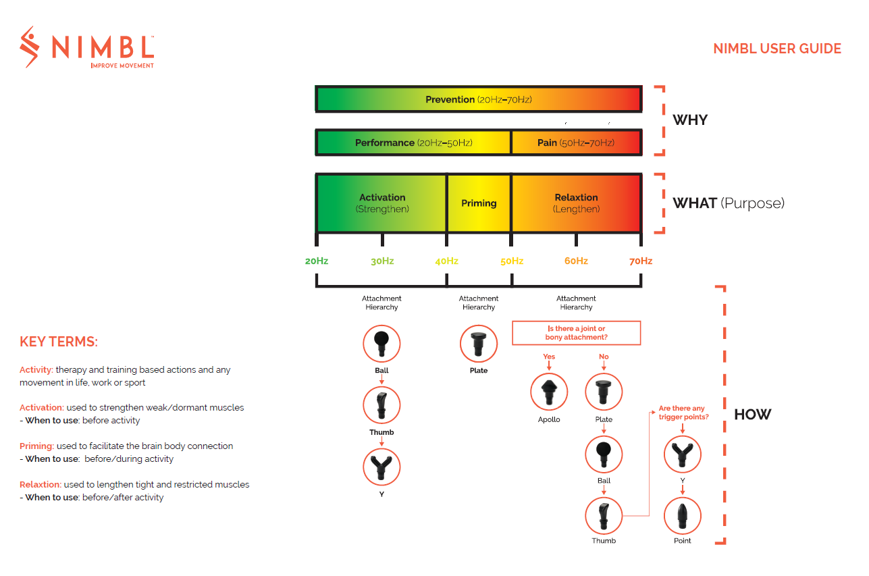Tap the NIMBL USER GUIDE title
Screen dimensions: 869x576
[776, 49]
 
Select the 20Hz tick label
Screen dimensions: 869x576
[316, 261]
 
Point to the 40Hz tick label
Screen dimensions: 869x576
[446, 261]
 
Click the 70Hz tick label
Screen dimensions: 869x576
[640, 261]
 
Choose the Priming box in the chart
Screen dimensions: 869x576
[479, 203]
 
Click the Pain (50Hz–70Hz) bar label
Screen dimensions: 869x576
[576, 142]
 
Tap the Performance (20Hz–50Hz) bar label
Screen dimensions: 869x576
[413, 142]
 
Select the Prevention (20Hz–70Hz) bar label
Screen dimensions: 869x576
[478, 99]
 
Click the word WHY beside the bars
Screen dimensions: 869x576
[690, 120]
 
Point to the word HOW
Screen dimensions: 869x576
[752, 415]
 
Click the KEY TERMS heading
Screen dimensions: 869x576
[59, 342]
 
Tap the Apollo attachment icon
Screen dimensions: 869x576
[549, 392]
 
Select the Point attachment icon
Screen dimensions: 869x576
[683, 517]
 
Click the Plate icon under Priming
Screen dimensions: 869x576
[479, 344]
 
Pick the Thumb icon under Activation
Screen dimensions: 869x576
[381, 405]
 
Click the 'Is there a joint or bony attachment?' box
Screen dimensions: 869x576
[576, 333]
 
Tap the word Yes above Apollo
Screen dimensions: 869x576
[549, 357]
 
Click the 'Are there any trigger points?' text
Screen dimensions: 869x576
[683, 413]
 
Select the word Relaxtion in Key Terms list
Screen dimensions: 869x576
[40, 484]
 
